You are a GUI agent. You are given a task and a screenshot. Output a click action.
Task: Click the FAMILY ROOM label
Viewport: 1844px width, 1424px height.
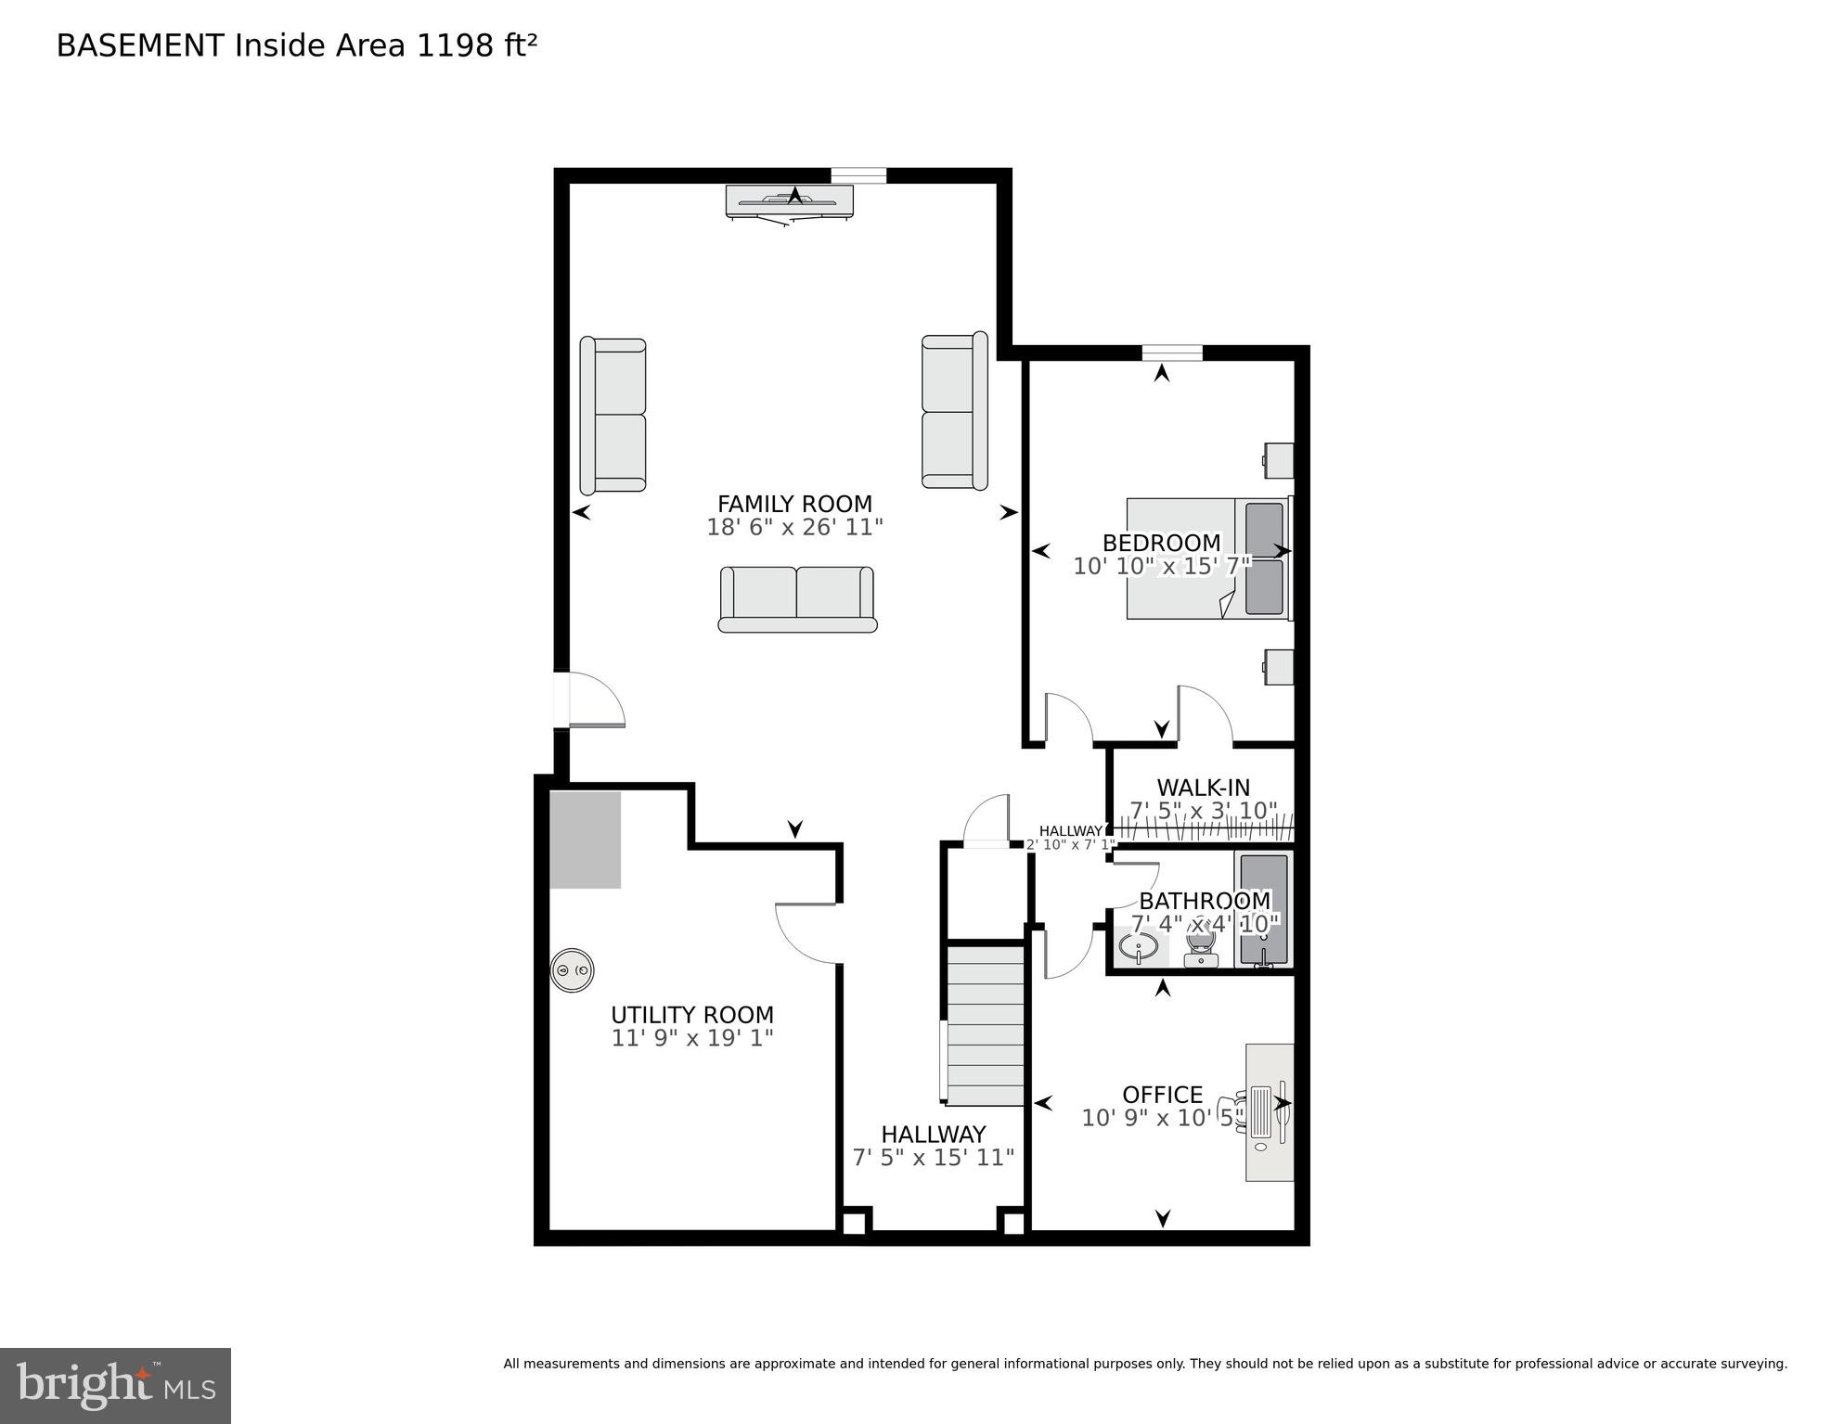[794, 504]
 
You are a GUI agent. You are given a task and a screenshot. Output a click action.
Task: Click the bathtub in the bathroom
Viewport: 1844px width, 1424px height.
[1263, 910]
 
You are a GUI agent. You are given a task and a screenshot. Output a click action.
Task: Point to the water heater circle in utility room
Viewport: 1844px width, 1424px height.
[572, 970]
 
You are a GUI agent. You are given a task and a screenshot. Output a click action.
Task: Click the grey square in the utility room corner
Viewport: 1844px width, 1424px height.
[585, 840]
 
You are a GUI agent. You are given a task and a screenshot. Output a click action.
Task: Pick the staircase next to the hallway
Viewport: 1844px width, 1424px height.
[985, 1024]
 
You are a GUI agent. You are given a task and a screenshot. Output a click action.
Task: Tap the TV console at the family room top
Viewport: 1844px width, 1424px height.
[789, 200]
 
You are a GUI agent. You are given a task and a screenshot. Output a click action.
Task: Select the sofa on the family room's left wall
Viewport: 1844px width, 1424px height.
[613, 416]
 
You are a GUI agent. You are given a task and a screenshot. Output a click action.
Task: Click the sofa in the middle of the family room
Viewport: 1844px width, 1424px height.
[797, 599]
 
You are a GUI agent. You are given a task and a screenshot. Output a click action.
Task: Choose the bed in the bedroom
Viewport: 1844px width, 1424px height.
[1206, 558]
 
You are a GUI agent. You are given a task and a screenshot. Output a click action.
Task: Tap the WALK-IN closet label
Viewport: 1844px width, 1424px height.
[1203, 788]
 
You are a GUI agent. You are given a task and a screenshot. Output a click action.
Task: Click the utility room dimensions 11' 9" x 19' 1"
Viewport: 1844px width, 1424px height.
[692, 1038]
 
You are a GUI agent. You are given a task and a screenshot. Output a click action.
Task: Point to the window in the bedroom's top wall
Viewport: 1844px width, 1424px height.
[1171, 353]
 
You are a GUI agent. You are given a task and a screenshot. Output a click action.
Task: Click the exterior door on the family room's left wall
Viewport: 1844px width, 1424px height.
[562, 699]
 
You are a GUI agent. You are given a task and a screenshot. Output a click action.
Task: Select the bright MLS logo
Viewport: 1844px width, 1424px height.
[115, 1385]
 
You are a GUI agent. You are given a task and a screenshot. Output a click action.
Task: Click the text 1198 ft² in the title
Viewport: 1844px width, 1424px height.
[476, 45]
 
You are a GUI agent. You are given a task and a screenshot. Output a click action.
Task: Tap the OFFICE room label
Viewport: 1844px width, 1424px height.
[1162, 1095]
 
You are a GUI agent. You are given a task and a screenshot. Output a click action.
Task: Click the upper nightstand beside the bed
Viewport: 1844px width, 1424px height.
[1279, 460]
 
